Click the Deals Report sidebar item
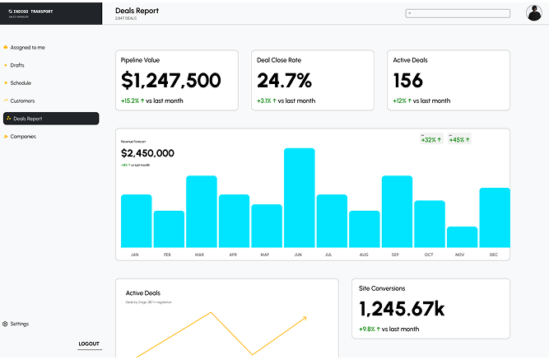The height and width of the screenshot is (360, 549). coord(51,119)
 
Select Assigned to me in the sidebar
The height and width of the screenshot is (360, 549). coord(27,48)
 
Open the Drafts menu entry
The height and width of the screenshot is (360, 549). coord(17,65)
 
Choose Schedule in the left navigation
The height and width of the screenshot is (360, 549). coord(21,83)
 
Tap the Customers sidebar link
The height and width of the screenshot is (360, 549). coord(22,101)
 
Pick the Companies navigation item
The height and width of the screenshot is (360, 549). coord(23,137)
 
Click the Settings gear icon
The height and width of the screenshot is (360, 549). coord(6,324)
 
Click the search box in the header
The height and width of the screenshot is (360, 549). coord(458,13)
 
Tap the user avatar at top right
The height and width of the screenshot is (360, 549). coord(533,12)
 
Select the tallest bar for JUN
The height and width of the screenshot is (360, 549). coord(299,198)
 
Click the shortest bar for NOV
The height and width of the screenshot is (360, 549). coord(462,237)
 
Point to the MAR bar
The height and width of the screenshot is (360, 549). coord(201,211)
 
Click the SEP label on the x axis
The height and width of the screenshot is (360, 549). coord(396,255)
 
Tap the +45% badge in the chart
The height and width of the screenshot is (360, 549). coord(458,139)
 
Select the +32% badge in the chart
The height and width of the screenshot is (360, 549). coord(430,139)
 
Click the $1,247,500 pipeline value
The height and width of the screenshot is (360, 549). coord(170,81)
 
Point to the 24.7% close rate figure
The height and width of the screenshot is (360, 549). coord(284,81)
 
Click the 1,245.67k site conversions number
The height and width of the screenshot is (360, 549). coord(402,309)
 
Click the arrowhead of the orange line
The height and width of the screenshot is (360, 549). coord(305,317)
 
